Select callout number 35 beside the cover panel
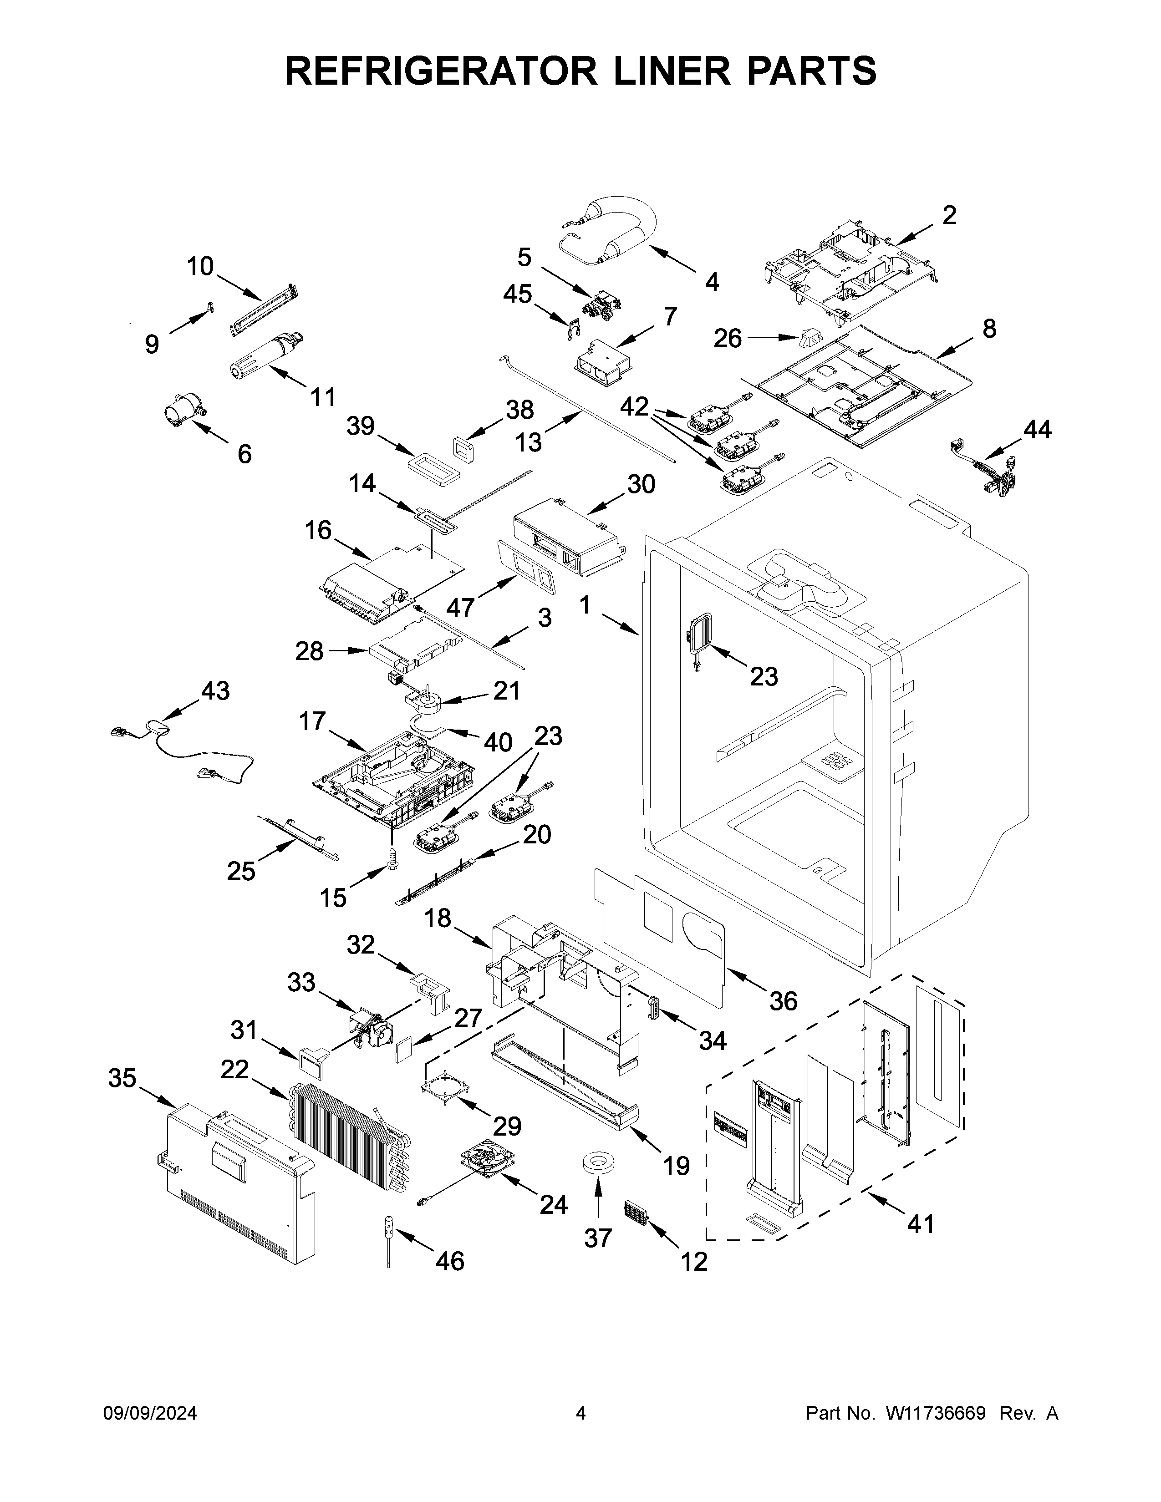point(122,1078)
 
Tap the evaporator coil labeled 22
point(347,1135)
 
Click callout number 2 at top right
point(949,215)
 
